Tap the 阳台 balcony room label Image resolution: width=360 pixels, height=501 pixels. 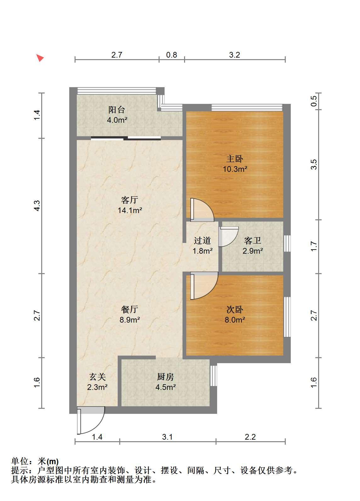[116, 110]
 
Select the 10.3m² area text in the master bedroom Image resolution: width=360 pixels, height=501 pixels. [235, 169]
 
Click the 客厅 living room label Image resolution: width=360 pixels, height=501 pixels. [129, 200]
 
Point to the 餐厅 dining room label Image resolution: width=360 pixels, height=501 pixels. [129, 309]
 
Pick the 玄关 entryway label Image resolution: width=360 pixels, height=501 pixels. [97, 377]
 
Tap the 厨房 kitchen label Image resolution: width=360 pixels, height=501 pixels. [166, 377]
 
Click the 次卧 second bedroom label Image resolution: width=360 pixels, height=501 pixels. [234, 309]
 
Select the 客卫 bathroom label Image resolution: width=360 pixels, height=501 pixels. [252, 240]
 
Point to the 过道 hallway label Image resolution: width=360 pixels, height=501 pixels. [202, 240]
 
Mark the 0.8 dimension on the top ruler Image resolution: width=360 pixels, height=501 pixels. [172, 55]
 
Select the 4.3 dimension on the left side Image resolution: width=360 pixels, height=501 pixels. [37, 206]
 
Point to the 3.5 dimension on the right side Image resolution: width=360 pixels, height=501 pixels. [314, 164]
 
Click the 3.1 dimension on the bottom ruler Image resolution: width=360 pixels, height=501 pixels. [167, 436]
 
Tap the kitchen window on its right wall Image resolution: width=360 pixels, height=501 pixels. [214, 376]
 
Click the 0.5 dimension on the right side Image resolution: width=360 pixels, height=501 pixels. [314, 101]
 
